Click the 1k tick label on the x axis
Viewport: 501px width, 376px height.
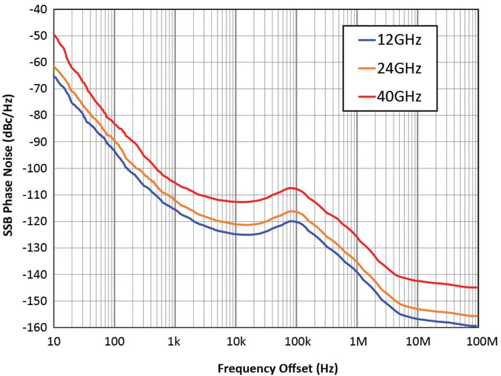(x=175, y=342)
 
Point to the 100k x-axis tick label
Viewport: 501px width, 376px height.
(x=296, y=342)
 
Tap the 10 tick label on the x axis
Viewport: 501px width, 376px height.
(x=54, y=342)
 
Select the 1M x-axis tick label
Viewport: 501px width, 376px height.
(x=357, y=342)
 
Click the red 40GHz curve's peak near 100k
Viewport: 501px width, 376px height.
(x=291, y=188)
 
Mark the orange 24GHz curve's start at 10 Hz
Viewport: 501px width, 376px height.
(x=54, y=66)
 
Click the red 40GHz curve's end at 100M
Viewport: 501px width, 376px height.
(x=477, y=287)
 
